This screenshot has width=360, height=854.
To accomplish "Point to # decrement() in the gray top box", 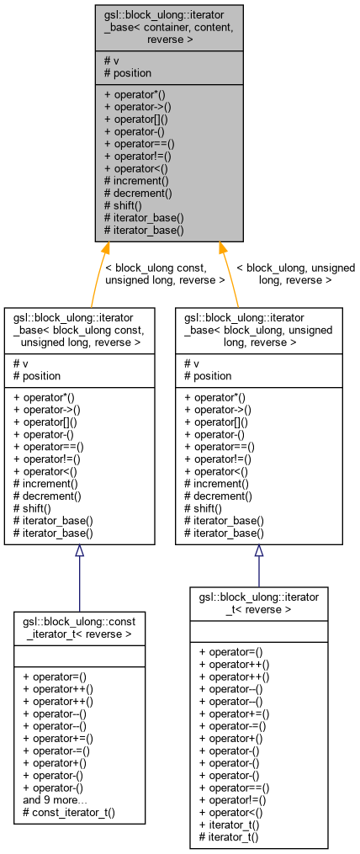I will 137,193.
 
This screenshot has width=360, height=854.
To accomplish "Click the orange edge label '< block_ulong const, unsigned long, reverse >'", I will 165,273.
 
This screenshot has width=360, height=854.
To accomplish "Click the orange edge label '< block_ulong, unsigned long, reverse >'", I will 295,273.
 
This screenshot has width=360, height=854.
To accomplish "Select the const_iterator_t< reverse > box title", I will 79,627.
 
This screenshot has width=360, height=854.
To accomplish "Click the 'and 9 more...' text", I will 56,800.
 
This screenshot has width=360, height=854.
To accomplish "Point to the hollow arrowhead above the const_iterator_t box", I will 79,551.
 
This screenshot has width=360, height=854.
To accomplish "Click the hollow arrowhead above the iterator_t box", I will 259,551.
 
